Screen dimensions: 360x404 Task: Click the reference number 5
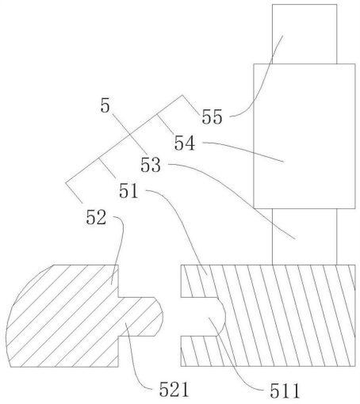[x=105, y=105]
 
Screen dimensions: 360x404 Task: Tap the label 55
[x=212, y=116]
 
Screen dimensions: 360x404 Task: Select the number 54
[x=185, y=143]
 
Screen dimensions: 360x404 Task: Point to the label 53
[x=151, y=165]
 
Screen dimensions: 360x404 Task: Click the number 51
[x=128, y=191]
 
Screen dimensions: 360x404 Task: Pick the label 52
[x=96, y=217]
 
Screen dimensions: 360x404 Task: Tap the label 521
[x=174, y=390]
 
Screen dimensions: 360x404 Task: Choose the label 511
[x=285, y=391]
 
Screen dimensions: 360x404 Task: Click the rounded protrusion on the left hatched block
[x=140, y=317]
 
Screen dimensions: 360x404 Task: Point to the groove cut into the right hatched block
[x=203, y=316]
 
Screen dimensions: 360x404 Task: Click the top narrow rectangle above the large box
[x=304, y=34]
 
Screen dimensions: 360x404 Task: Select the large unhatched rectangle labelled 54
[x=304, y=136]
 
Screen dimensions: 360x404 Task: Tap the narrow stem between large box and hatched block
[x=304, y=237]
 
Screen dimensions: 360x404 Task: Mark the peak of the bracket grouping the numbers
[x=182, y=95]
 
